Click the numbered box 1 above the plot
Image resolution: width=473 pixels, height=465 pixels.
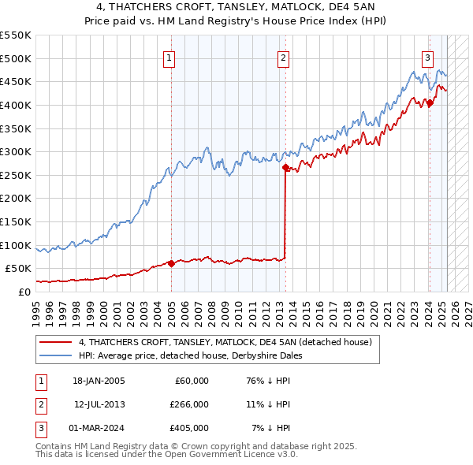(170, 57)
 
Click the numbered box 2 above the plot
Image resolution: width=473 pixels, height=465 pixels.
(283, 57)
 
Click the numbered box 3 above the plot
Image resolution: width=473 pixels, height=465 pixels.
(427, 57)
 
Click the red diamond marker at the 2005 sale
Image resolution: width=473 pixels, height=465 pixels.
(171, 263)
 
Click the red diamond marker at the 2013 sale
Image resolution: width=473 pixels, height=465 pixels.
(285, 166)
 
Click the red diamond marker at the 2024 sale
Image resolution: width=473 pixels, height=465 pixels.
(430, 102)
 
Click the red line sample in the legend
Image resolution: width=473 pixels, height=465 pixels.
(56, 343)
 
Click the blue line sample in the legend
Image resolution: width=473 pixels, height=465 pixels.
(56, 355)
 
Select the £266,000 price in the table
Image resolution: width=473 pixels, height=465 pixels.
(190, 404)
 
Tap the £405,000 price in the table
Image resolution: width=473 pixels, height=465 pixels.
(190, 428)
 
